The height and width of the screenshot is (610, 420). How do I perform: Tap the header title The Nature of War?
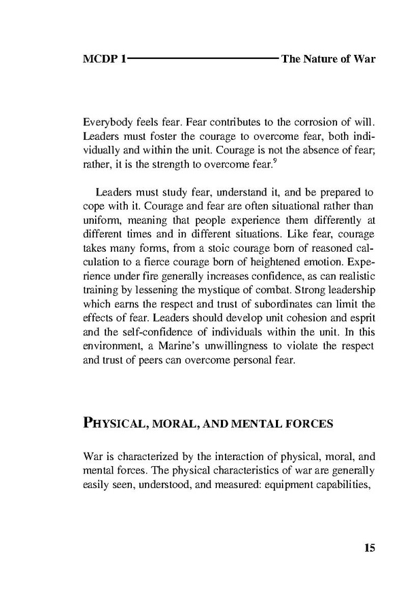[x=328, y=59]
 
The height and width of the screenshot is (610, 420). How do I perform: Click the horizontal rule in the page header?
[x=203, y=59]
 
